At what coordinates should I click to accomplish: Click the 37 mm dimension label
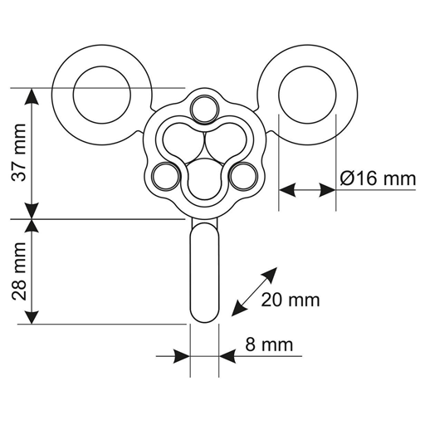[x=19, y=153]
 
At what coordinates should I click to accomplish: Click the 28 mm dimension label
[x=19, y=271]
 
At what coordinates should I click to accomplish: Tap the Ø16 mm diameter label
[x=378, y=178]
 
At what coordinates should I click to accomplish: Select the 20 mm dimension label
[x=291, y=300]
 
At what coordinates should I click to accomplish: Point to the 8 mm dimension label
[x=269, y=344]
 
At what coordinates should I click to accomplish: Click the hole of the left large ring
[x=102, y=95]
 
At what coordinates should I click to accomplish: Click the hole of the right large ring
[x=307, y=95]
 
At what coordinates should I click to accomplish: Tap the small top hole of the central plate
[x=205, y=109]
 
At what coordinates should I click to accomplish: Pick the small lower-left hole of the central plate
[x=166, y=176]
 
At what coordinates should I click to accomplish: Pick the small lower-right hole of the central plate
[x=243, y=176]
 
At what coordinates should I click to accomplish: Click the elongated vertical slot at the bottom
[x=204, y=272]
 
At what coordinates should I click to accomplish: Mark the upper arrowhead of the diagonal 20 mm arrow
[x=270, y=275]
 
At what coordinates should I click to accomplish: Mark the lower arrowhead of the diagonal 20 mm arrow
[x=239, y=308]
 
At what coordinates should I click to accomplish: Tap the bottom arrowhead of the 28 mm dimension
[x=32, y=315]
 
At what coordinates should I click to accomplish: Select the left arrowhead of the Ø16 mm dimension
[x=288, y=190]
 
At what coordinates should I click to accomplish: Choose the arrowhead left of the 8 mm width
[x=182, y=356]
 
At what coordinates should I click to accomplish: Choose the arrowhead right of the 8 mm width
[x=227, y=356]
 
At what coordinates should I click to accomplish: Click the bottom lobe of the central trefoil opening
[x=205, y=178]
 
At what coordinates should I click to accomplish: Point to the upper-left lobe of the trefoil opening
[x=183, y=140]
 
